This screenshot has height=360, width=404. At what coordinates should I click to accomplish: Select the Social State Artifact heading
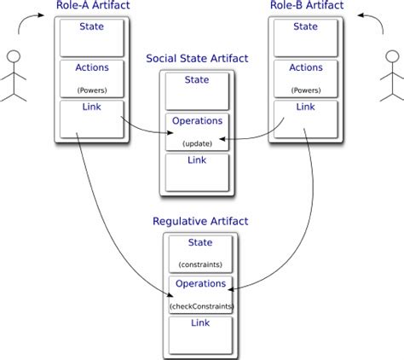(x=198, y=60)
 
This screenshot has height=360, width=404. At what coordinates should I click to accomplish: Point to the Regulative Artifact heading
(x=200, y=221)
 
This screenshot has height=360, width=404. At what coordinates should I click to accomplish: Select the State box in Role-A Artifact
(x=91, y=37)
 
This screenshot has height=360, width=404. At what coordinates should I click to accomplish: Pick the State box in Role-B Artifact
(x=304, y=37)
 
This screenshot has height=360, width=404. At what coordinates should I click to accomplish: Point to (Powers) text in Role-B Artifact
(x=304, y=89)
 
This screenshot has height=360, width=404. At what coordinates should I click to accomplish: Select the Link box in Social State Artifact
(x=198, y=171)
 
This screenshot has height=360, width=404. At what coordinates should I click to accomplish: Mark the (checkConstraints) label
(x=201, y=305)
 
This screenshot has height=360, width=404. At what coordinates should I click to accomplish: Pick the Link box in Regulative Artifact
(x=200, y=335)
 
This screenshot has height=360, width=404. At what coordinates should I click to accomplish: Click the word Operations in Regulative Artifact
(x=201, y=284)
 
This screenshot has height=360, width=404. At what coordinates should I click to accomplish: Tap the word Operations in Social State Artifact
(x=198, y=121)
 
